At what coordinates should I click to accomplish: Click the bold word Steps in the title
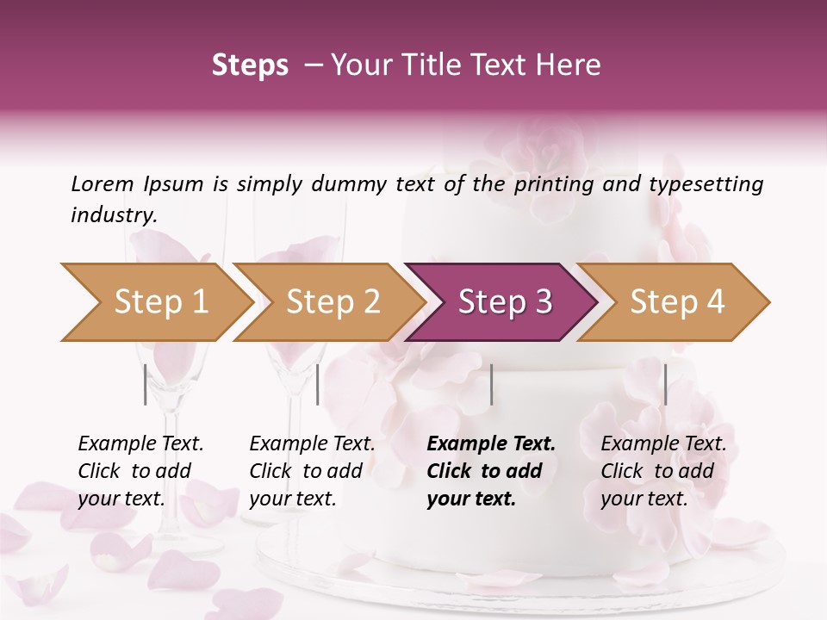(x=250, y=65)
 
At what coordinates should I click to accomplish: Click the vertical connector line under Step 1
(x=145, y=384)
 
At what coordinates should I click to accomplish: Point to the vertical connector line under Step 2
(x=318, y=384)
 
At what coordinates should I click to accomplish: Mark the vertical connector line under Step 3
(x=491, y=384)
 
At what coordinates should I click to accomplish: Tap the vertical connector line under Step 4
(x=665, y=384)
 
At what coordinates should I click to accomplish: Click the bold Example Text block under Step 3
(x=491, y=471)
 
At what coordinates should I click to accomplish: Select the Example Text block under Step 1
(x=140, y=471)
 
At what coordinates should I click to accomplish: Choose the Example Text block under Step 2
(x=312, y=471)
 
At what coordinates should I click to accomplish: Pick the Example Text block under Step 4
(x=663, y=471)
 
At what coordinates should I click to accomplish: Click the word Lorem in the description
(x=103, y=183)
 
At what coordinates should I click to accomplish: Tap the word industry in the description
(x=113, y=214)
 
